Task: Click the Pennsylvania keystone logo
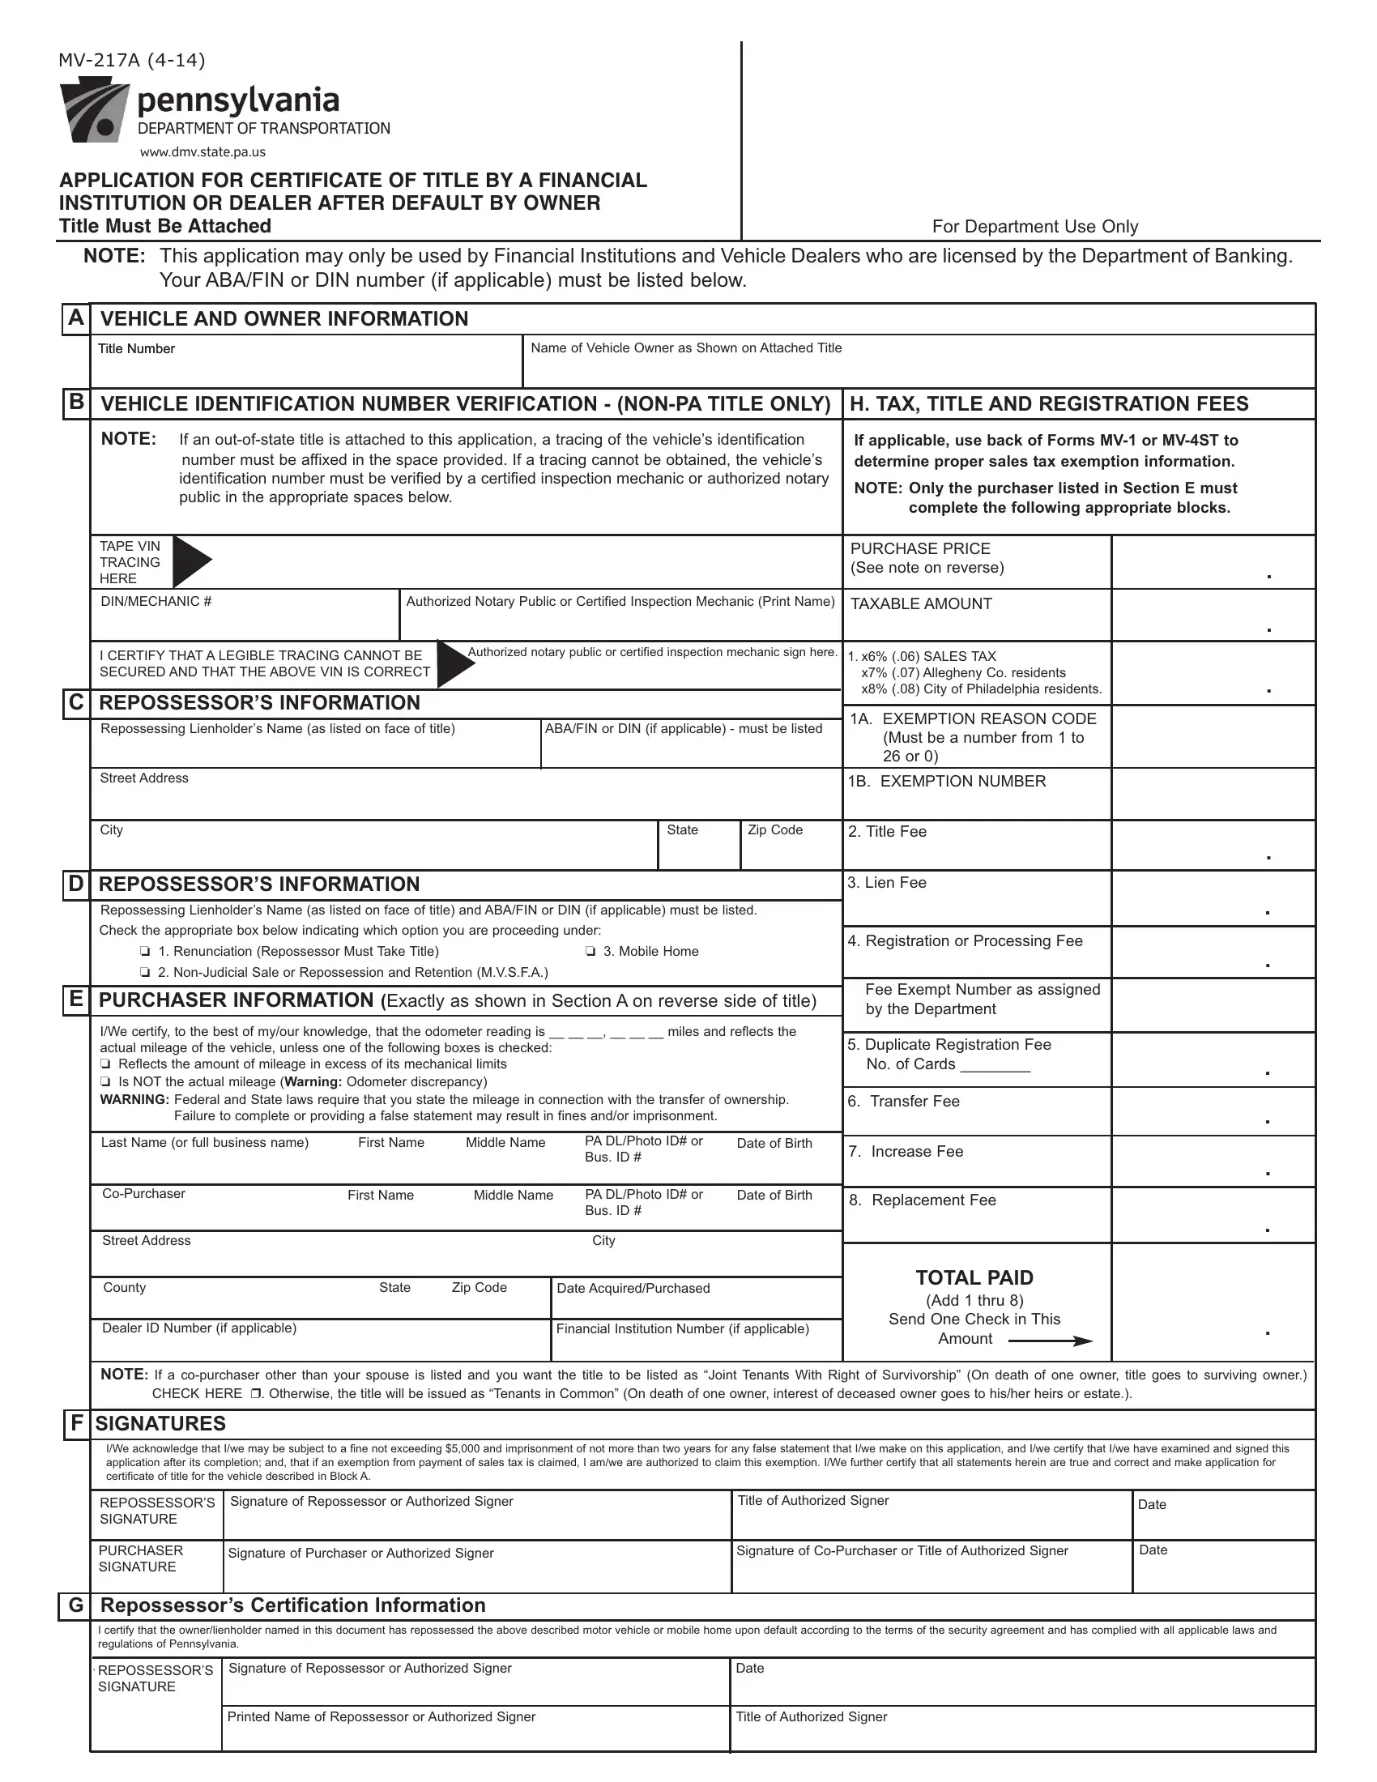pos(94,112)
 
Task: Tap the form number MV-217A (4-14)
pos(131,61)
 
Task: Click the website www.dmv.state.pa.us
pos(202,151)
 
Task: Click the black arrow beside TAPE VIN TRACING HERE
pos(192,561)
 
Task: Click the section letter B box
pos(76,403)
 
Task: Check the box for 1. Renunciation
pos(144,952)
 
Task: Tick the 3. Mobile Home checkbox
pos(590,952)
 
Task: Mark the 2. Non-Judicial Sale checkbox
pos(144,973)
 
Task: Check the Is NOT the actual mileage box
pos(105,1082)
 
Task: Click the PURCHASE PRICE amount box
pos(1213,562)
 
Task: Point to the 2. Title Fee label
pos(888,831)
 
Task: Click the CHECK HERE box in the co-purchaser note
pos(255,1395)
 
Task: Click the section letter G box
pos(76,1605)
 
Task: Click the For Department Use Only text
pos(1034,227)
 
